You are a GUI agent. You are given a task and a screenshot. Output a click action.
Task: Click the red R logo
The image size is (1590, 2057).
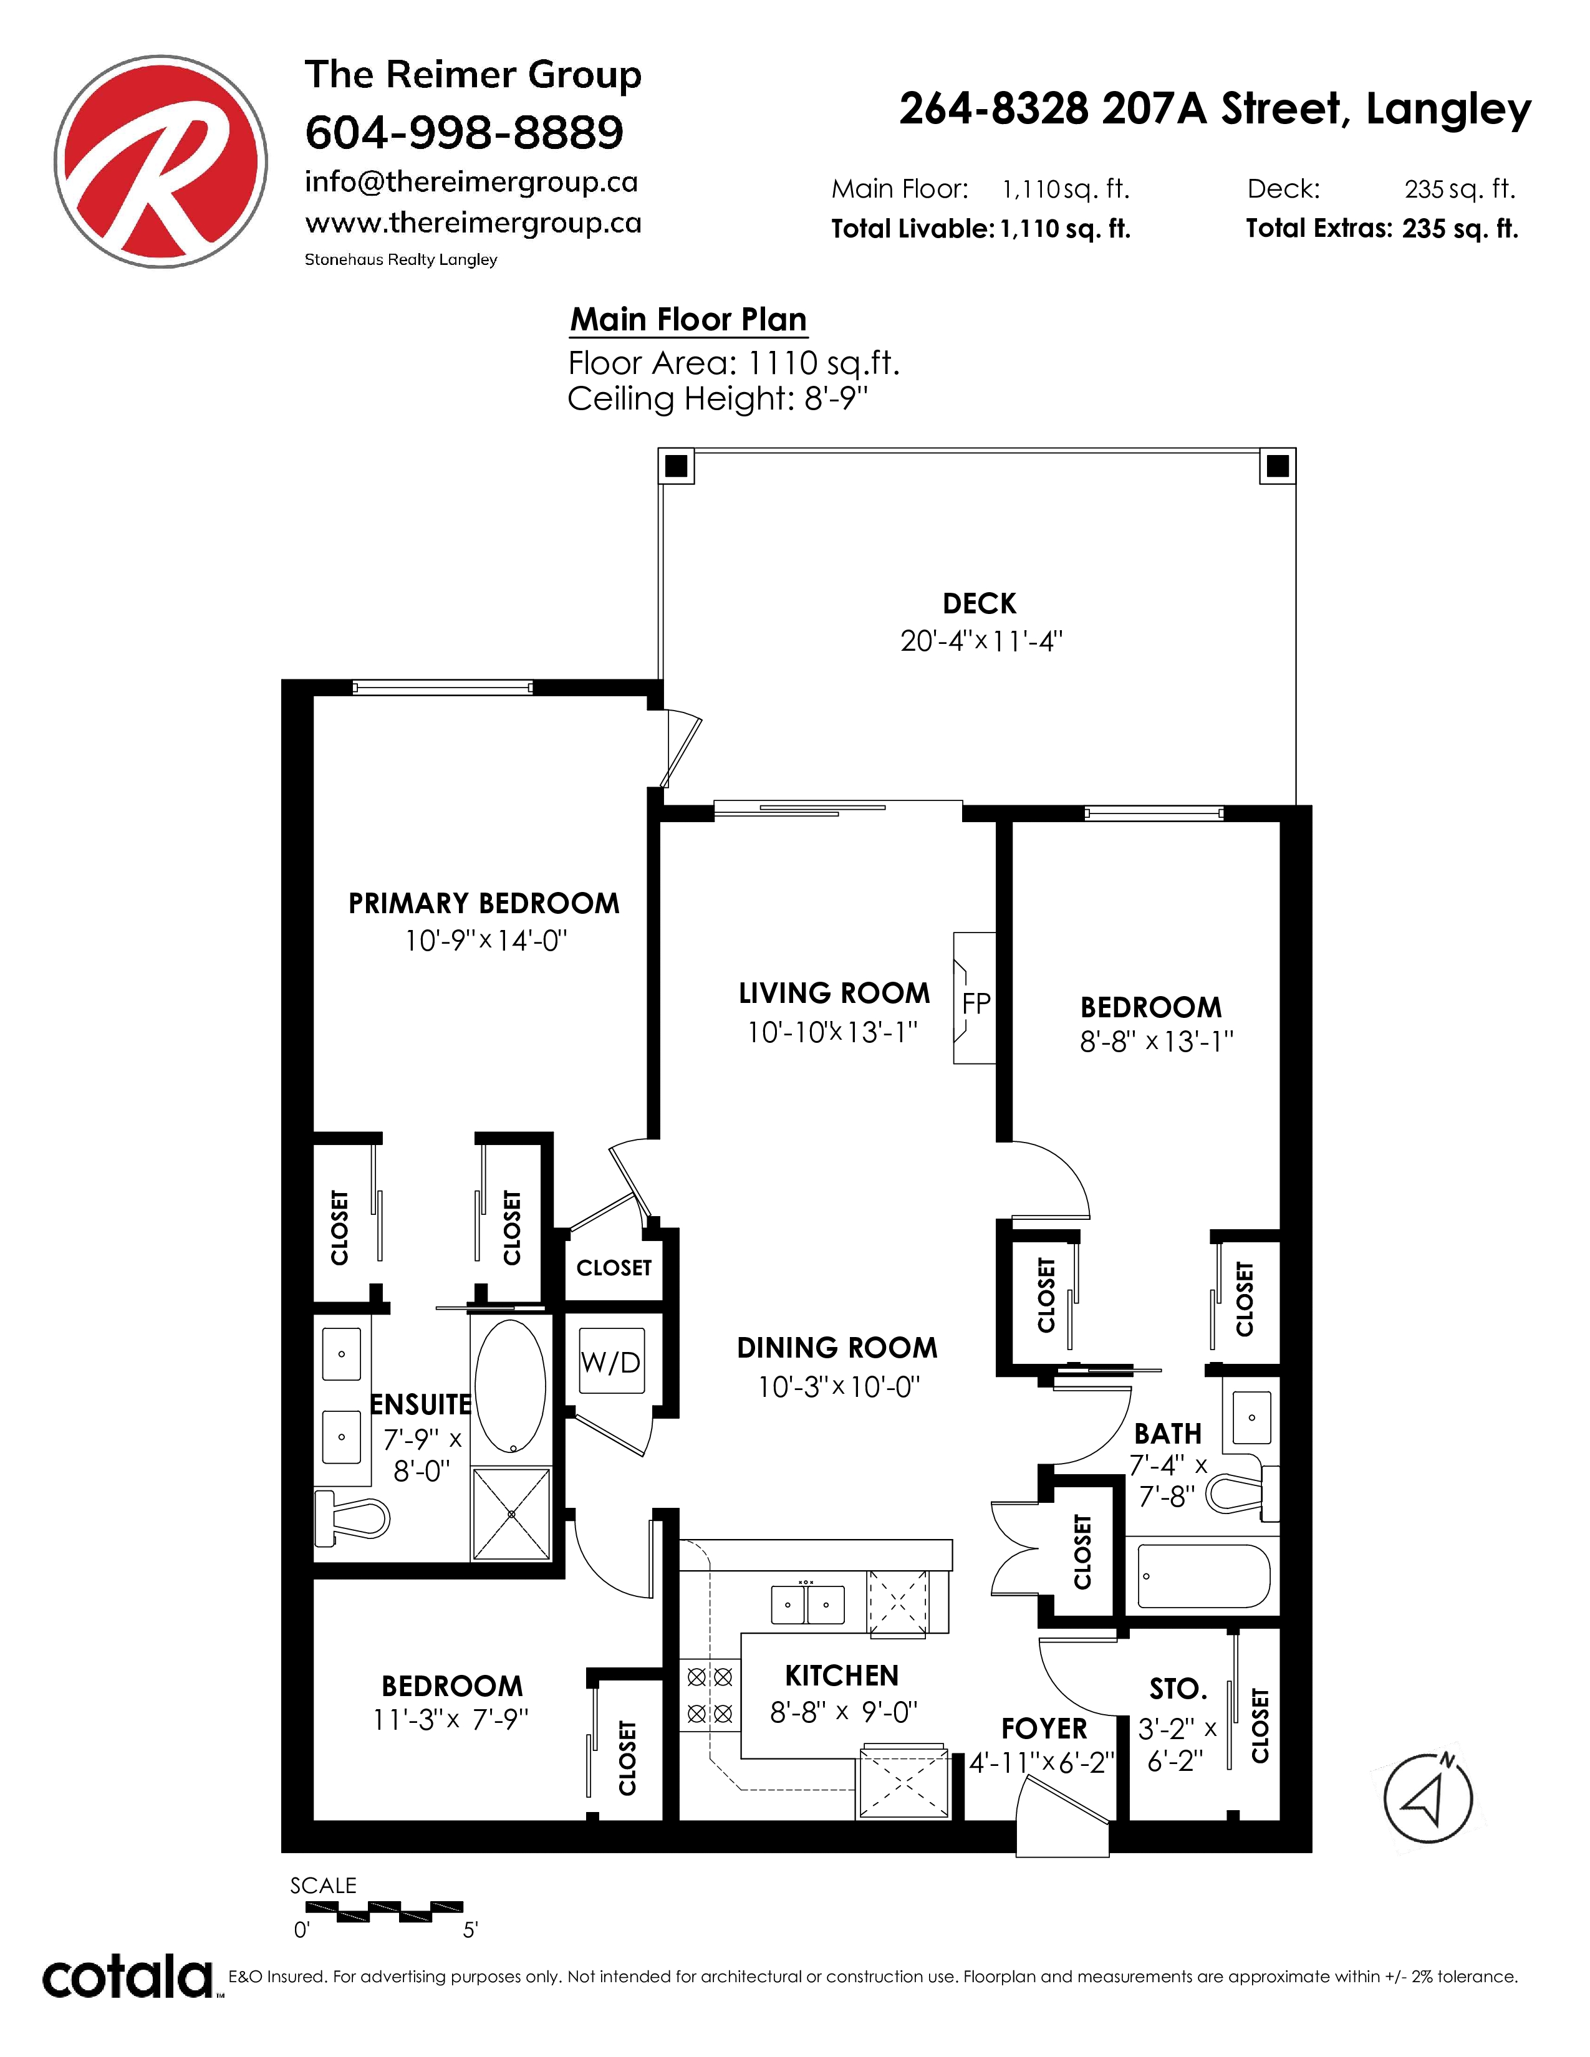160,161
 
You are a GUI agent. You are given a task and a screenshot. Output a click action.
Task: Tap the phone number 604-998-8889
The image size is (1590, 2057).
465,132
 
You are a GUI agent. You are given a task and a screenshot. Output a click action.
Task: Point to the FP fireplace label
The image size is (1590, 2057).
976,1004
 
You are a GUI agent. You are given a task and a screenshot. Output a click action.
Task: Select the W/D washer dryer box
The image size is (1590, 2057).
611,1361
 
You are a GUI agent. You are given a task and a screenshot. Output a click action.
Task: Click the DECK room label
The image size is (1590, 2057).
980,604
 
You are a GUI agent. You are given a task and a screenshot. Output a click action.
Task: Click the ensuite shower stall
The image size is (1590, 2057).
511,1513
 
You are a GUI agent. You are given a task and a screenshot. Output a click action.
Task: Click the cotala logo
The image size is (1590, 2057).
128,1977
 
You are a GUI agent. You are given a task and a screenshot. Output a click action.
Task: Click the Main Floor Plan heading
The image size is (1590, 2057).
688,320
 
